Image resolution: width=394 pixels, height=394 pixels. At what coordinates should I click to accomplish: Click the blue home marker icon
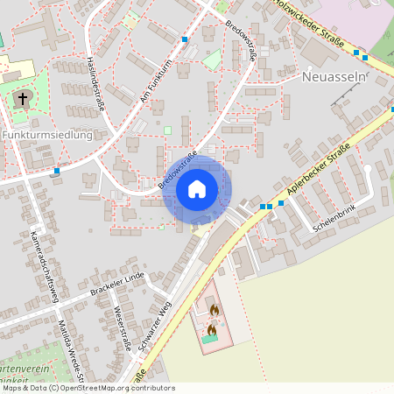(196, 189)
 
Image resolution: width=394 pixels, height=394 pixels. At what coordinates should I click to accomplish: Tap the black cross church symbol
(23, 98)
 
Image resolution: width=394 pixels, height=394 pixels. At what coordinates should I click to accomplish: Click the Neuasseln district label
(332, 77)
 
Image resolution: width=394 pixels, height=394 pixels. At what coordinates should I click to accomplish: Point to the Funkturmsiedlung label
(47, 136)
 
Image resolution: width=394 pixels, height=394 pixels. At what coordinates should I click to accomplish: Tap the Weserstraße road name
(123, 328)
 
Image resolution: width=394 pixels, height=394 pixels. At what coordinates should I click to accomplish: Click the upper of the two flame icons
(213, 309)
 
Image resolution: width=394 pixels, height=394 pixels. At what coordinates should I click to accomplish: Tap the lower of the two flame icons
(211, 330)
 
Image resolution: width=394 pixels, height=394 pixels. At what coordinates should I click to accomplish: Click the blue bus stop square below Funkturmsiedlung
(56, 171)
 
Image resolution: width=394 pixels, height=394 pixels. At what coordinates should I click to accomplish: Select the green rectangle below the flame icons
(212, 339)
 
